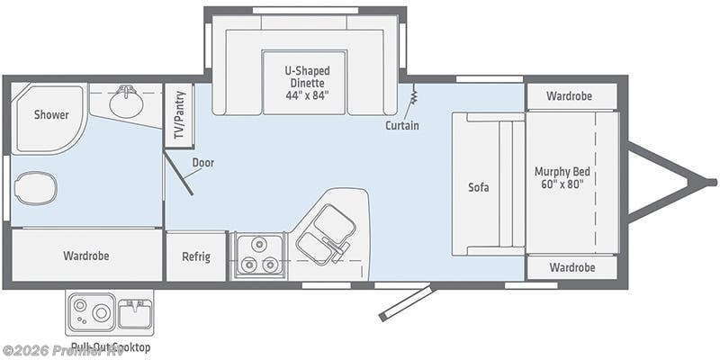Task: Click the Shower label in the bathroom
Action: (51, 114)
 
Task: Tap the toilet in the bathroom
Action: (36, 189)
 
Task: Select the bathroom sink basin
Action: (126, 104)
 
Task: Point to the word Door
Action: (202, 163)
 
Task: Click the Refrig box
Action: (196, 256)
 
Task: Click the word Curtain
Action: (401, 126)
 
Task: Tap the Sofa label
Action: (478, 188)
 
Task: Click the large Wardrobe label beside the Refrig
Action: (86, 256)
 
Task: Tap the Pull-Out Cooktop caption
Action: (109, 347)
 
